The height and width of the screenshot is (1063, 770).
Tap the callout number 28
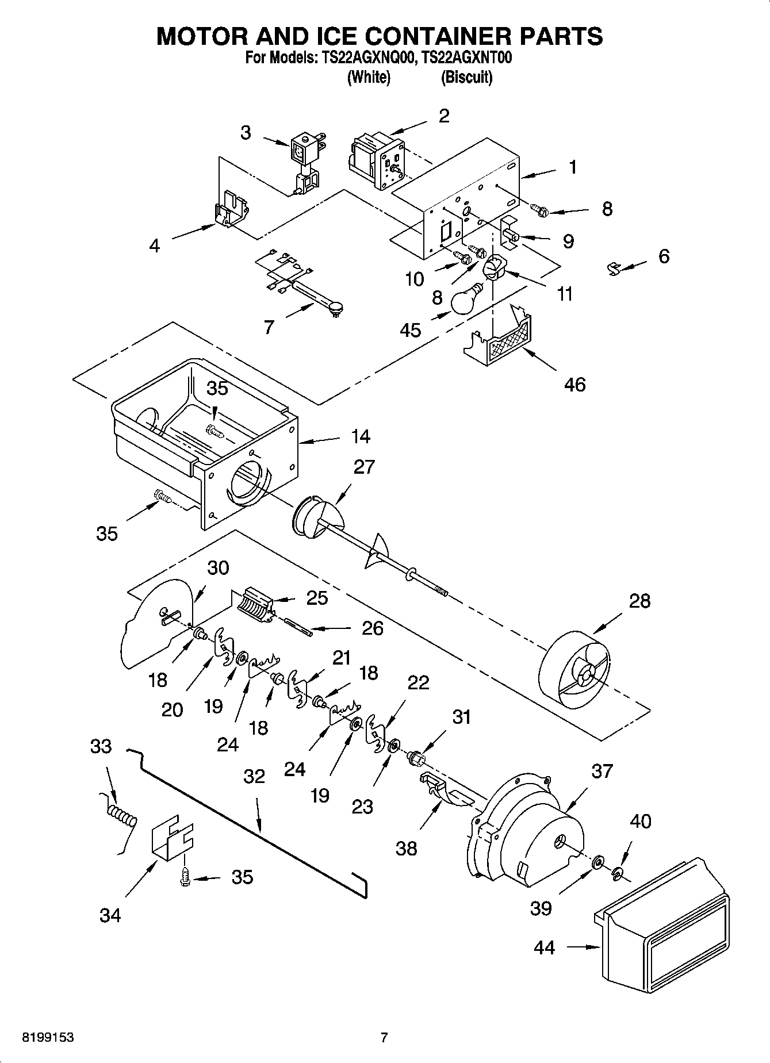[x=639, y=601]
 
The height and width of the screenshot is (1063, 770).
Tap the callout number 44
[x=544, y=947]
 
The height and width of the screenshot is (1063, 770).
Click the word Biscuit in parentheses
[x=466, y=78]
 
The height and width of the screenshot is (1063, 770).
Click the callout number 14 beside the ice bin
[x=361, y=436]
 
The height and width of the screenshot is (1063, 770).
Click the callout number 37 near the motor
[x=602, y=771]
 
